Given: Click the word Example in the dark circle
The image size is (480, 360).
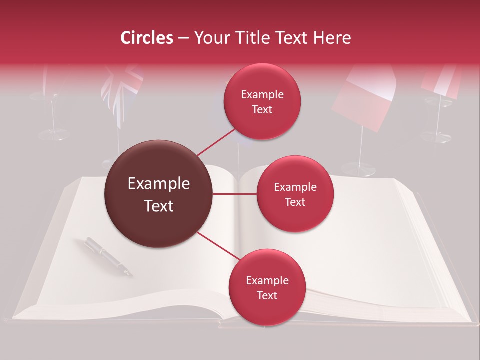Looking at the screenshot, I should [x=159, y=184].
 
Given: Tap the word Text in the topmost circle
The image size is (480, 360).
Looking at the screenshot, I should [x=262, y=110].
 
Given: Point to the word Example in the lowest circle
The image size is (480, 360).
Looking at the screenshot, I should [x=267, y=281].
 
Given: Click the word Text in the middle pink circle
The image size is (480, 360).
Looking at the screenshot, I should [x=295, y=202].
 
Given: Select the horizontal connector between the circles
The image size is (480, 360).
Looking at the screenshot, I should [x=235, y=194].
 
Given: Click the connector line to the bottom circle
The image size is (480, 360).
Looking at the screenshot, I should [x=218, y=246].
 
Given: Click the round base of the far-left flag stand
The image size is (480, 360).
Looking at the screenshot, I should [x=53, y=134].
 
